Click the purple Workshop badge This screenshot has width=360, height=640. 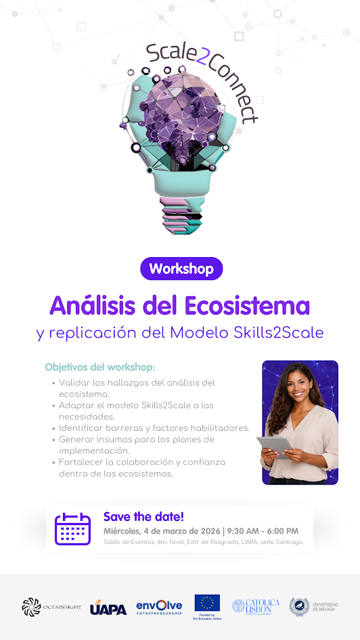(181, 269)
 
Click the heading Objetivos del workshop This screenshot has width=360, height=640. (100, 367)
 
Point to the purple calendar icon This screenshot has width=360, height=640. (72, 529)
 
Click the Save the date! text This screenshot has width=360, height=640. (143, 517)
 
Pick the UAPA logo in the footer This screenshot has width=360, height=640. (108, 608)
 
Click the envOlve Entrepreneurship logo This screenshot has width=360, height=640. (159, 607)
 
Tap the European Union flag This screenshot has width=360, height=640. (207, 602)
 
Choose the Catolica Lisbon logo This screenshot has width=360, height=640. (255, 606)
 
